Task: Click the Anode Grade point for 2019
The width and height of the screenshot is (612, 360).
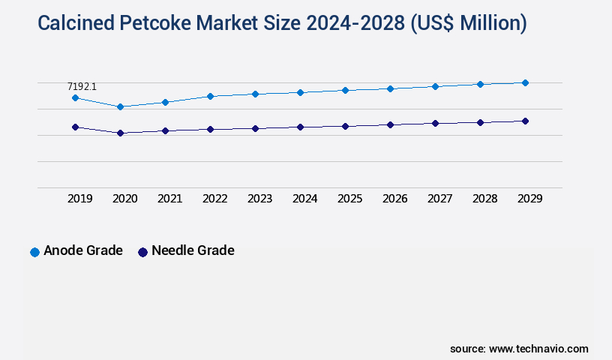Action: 75,97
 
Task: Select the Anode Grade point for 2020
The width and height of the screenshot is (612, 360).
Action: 120,106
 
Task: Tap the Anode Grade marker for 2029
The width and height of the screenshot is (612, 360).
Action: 525,82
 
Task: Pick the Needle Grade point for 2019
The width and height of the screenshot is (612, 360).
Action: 75,127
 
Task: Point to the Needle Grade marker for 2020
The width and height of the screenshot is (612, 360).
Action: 120,133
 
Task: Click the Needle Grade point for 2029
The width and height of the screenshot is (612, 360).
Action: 525,121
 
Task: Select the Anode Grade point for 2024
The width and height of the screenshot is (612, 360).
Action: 300,92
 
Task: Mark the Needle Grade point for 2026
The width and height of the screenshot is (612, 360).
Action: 390,124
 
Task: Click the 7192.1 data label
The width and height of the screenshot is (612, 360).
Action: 82,87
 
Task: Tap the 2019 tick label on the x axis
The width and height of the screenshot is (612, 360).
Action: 80,199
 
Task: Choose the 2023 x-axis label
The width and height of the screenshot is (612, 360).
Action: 260,199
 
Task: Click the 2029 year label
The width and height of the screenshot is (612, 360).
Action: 530,199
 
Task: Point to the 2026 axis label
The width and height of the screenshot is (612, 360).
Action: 395,199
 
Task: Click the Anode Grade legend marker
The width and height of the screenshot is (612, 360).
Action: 34,252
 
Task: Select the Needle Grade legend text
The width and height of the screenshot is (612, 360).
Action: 193,250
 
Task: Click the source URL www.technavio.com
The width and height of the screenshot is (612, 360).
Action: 538,349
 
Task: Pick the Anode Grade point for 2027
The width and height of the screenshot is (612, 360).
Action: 435,86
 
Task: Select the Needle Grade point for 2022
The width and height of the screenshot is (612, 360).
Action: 210,129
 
